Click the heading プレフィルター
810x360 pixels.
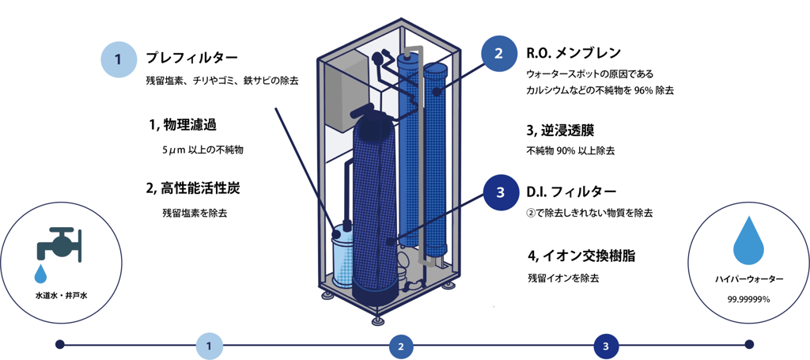pos(191,58)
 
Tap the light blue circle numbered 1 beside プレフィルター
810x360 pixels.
pos(118,59)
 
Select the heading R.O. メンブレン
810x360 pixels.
pos(568,53)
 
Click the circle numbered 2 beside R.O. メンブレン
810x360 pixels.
pos(498,54)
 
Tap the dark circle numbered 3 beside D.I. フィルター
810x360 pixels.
pos(500,192)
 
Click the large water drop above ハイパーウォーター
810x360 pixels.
pos(749,241)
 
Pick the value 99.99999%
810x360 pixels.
pos(749,299)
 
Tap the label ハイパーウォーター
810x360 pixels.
pos(749,279)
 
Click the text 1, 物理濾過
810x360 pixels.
pos(182,124)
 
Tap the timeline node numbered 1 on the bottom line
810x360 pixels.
pos(209,346)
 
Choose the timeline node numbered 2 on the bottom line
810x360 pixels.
pos(401,346)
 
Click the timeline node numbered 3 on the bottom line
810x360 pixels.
pos(605,346)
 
